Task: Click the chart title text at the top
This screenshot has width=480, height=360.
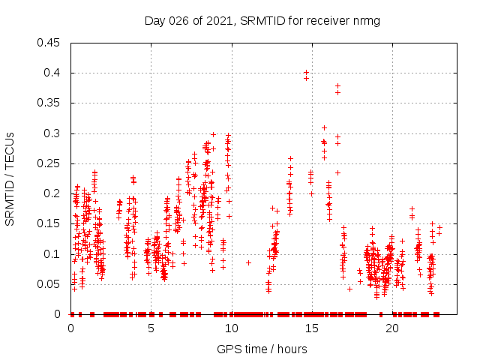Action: [262, 20]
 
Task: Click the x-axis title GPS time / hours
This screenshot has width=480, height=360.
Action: [262, 349]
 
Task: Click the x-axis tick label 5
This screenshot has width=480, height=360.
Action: [151, 328]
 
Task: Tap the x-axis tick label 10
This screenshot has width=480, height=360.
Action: [231, 328]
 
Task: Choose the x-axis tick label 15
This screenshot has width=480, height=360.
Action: [311, 328]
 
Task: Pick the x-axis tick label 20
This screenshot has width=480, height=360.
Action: [391, 328]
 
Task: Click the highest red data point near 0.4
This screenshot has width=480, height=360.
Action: [306, 72]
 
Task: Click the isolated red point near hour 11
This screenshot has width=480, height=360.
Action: [248, 262]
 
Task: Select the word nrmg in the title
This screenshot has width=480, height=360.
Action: [366, 20]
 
